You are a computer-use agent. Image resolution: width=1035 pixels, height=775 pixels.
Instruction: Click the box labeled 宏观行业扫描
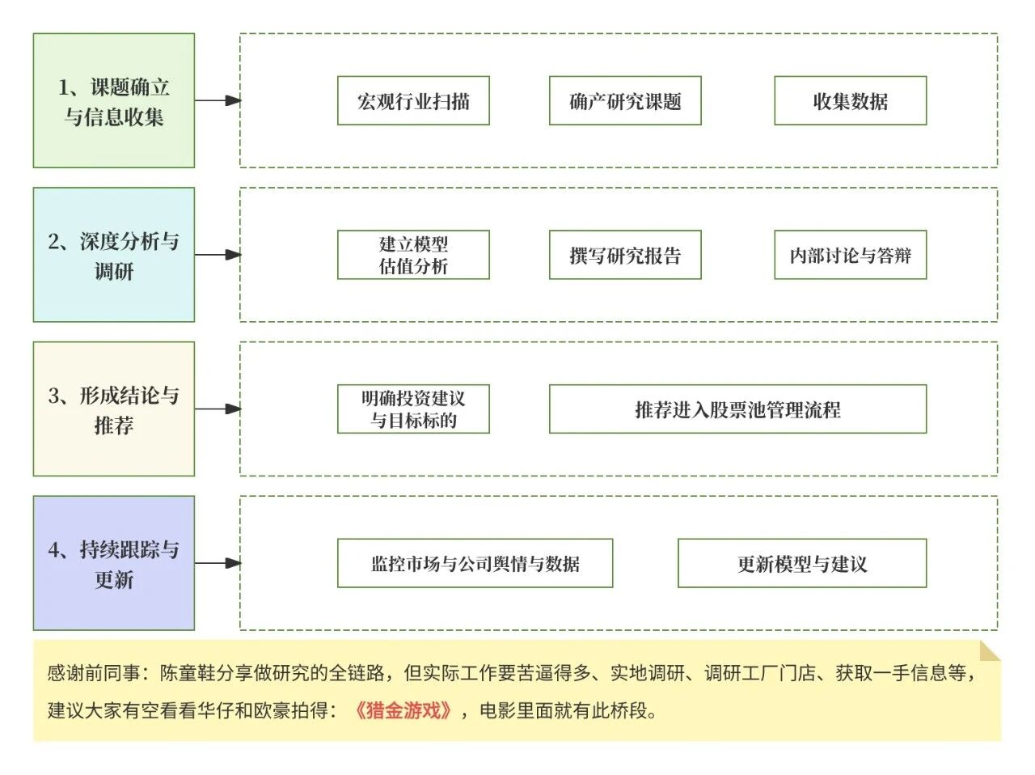click(x=413, y=101)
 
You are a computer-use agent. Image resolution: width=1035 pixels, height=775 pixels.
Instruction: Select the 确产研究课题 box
click(x=625, y=101)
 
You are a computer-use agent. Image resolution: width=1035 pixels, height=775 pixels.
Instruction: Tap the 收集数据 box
click(x=850, y=101)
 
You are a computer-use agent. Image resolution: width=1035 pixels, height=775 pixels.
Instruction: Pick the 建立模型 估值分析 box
click(x=413, y=255)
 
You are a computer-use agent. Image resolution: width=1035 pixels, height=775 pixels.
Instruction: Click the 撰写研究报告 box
click(x=625, y=255)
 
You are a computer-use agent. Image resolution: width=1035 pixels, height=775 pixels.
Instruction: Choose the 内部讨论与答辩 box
click(x=850, y=255)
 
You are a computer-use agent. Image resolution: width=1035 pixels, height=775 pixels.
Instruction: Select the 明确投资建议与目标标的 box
click(x=413, y=409)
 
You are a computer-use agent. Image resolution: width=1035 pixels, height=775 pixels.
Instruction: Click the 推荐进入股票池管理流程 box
click(x=737, y=409)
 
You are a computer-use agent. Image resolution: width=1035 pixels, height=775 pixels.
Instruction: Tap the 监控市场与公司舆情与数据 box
click(x=475, y=563)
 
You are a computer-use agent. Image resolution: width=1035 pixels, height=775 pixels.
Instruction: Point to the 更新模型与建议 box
click(x=801, y=563)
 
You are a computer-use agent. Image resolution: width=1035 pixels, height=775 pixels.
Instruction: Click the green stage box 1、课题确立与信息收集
click(x=114, y=101)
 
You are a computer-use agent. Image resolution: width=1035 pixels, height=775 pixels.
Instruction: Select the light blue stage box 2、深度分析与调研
click(x=114, y=255)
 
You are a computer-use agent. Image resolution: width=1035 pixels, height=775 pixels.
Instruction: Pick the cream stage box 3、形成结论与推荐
click(x=114, y=409)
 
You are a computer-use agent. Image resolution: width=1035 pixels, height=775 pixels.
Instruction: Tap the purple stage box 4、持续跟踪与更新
click(x=114, y=563)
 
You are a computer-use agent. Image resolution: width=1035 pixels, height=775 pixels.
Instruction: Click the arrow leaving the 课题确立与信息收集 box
click(x=218, y=101)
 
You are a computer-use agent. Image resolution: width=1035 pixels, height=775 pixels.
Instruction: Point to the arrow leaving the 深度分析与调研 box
click(x=218, y=255)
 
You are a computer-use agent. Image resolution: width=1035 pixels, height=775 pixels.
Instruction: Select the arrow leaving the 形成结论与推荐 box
click(x=218, y=409)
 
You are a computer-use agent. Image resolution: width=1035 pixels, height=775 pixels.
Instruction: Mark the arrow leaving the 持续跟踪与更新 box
click(x=218, y=563)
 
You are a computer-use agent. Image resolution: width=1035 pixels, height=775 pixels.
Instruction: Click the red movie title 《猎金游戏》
click(x=403, y=711)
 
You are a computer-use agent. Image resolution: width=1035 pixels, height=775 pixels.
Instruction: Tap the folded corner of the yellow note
click(x=990, y=650)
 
